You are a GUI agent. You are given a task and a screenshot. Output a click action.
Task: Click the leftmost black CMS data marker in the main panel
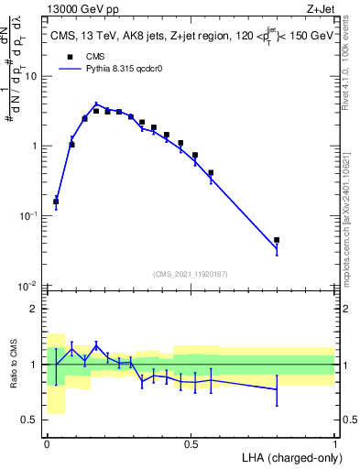point(56,202)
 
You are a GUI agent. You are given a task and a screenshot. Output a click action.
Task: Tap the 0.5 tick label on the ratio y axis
point(33,421)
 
